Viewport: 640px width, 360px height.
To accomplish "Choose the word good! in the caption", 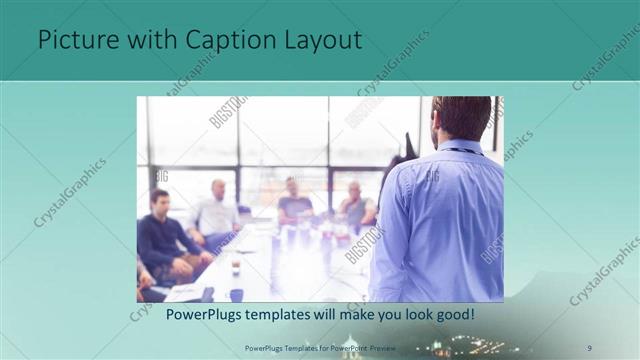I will tap(452, 314).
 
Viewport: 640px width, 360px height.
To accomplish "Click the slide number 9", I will tap(590, 347).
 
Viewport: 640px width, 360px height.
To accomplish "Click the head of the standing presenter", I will tap(463, 118).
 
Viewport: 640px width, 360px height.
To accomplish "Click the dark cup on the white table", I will tap(237, 294).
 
